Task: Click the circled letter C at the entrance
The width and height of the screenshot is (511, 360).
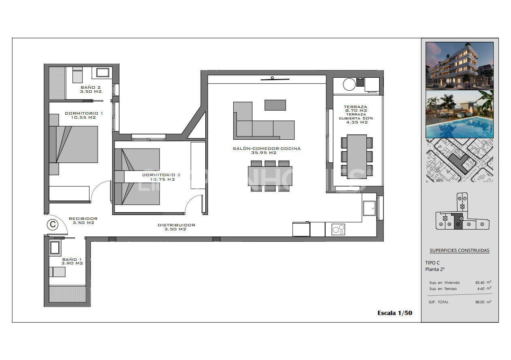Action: pos(52,224)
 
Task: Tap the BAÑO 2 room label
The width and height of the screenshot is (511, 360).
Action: pos(90,89)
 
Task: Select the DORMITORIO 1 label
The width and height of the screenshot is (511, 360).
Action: pos(84,115)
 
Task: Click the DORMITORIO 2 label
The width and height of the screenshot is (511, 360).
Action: pos(161,177)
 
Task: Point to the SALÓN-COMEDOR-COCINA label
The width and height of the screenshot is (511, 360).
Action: pos(266,150)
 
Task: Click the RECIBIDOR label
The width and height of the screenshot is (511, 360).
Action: pos(83,220)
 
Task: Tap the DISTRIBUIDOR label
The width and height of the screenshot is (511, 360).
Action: pos(176,227)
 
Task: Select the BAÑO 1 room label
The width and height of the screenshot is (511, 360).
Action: pos(72,261)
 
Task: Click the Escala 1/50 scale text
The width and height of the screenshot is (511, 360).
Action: pos(394,313)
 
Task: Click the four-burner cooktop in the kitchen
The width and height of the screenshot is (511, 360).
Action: pos(338,229)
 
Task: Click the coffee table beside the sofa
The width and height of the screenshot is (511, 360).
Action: pos(275,105)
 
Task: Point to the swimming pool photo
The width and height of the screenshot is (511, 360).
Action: pos(460,114)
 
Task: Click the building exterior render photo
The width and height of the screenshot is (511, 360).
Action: pos(460,66)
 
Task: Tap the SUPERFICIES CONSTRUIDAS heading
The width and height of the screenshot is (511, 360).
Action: pos(459,250)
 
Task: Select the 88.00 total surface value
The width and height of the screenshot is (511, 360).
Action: pos(481,302)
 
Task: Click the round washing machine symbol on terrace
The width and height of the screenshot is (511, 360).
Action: pos(349,84)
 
